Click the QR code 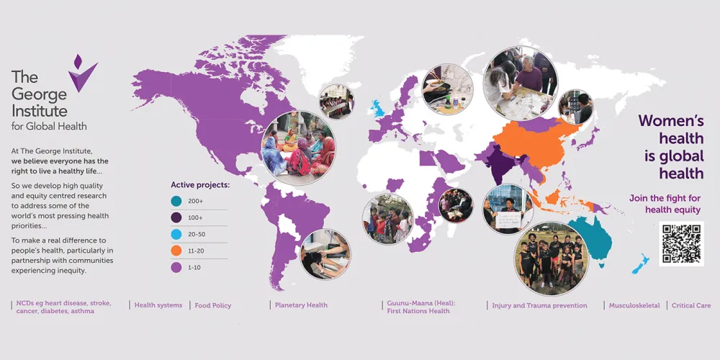coord(681,244)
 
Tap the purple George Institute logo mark coord(82,73)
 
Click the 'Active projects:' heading coord(200,184)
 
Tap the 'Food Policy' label coord(213,305)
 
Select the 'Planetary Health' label coord(301,305)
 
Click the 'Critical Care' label coord(691,305)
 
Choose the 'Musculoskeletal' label coord(634,305)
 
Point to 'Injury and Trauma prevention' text coord(539,305)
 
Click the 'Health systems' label coord(158,305)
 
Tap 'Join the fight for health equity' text coord(665,204)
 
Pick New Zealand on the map coord(641,264)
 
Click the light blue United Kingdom coord(378,109)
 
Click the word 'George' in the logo coord(39,94)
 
